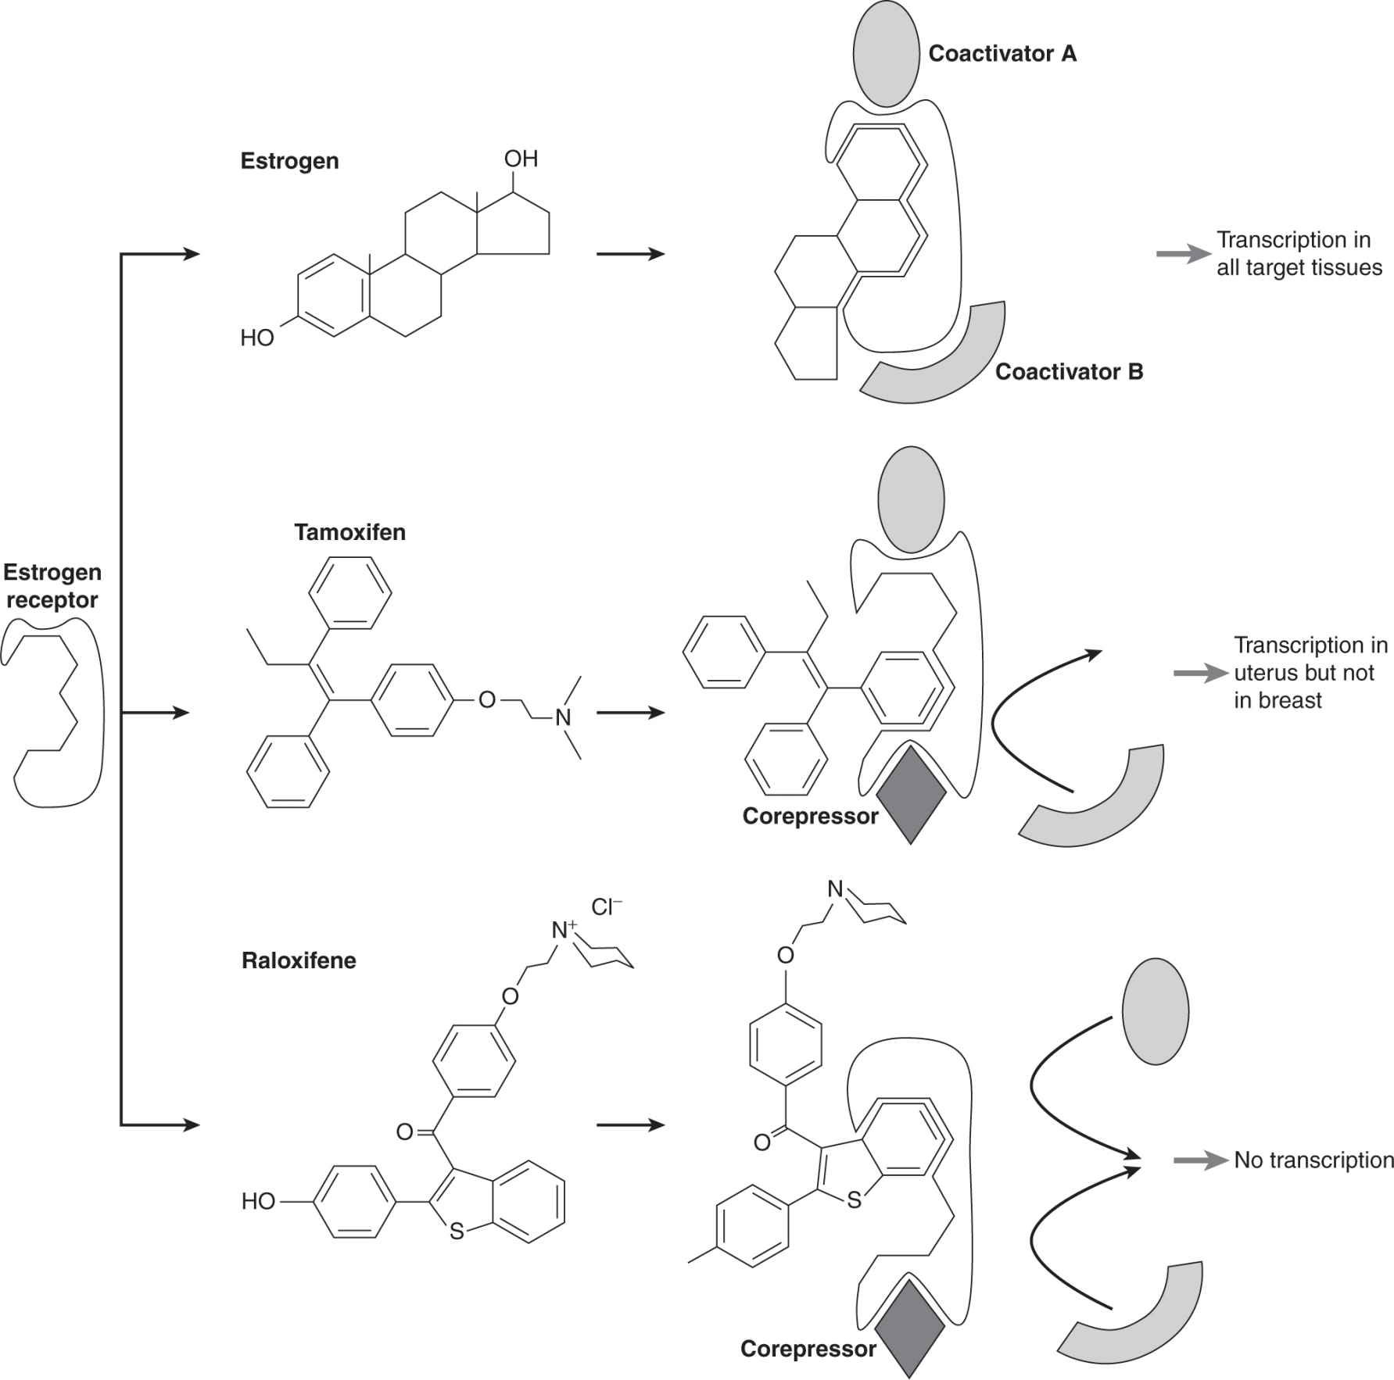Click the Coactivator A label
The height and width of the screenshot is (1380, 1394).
[1002, 54]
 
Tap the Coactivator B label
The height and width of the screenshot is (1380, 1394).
[1069, 372]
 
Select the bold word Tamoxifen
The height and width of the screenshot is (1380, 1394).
[349, 533]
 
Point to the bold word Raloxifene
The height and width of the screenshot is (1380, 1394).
[299, 960]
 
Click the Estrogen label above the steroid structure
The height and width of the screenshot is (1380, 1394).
[289, 162]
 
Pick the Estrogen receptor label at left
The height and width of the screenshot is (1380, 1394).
[52, 586]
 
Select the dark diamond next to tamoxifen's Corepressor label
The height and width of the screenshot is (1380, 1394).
[911, 795]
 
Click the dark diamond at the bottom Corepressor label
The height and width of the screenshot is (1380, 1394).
[909, 1328]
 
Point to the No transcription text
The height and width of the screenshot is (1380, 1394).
[1313, 1160]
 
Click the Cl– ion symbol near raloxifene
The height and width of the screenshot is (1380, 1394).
[607, 906]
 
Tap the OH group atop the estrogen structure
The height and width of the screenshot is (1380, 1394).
[521, 159]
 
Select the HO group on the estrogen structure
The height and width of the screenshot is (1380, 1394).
[257, 338]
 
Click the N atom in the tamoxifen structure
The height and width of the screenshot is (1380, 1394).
[563, 717]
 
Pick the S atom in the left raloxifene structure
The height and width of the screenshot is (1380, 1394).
[457, 1232]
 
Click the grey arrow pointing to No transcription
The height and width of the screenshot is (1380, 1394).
[1199, 1161]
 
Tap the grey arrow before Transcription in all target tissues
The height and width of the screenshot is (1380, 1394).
[1183, 254]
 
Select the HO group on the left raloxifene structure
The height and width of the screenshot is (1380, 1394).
[258, 1201]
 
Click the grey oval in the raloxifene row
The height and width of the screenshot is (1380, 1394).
[1155, 1012]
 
